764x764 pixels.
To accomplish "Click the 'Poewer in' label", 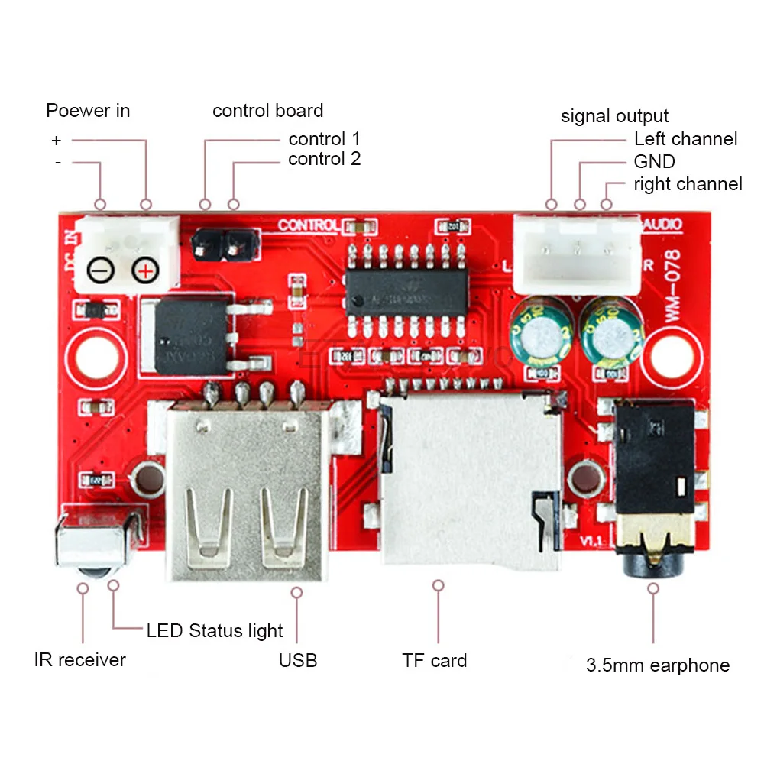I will click(88, 111).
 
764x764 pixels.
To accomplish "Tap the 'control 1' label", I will click(324, 139).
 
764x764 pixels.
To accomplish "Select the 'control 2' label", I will click(324, 159).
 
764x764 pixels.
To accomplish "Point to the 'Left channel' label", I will click(685, 139).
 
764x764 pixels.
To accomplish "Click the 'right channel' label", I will click(688, 184).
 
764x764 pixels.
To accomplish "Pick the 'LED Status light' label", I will click(214, 631).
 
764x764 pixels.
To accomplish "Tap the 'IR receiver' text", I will click(79, 659).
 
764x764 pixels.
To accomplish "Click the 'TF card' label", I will click(434, 660).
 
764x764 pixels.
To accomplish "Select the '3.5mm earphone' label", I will click(657, 665).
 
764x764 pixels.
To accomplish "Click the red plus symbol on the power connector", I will click(145, 270).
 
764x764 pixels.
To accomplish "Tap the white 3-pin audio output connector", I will click(577, 252).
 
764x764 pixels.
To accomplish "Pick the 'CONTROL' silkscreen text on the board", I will click(308, 225).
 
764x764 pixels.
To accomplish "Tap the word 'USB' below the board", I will click(298, 660).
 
